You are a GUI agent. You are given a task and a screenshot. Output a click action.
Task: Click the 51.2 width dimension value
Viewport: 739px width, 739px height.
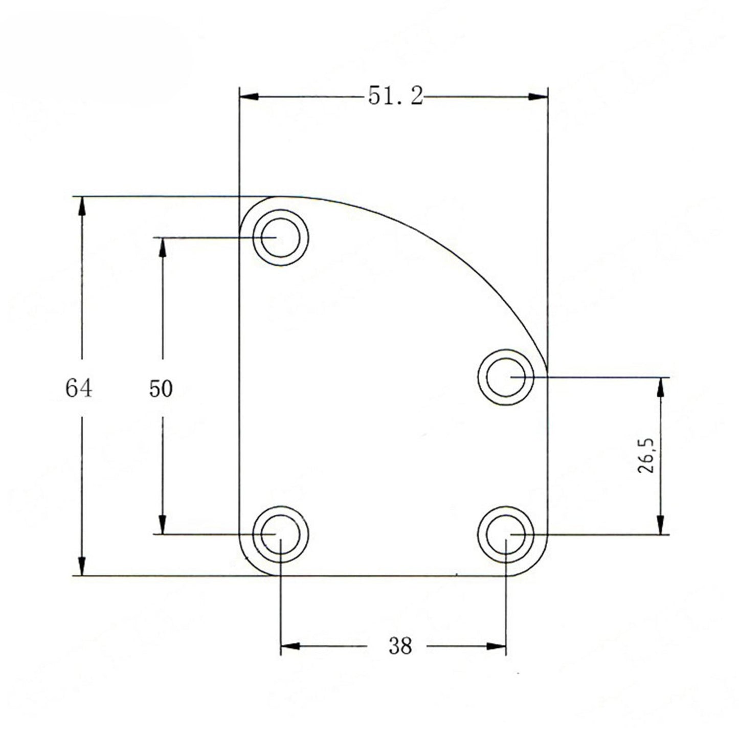395,96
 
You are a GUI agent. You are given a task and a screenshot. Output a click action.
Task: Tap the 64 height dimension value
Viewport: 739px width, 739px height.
79,388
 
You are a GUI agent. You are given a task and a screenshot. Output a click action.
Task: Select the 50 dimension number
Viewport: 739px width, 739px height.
161,389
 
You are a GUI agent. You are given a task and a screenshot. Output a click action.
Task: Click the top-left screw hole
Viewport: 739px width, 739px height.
280,237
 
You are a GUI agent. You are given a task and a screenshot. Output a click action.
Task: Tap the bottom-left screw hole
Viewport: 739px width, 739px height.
280,534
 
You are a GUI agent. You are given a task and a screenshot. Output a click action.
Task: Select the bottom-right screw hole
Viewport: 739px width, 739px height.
505,534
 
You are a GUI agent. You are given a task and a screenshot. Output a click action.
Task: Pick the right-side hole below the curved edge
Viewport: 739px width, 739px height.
505,377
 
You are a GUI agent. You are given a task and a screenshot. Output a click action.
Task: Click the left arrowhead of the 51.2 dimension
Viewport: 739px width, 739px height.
249,96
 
